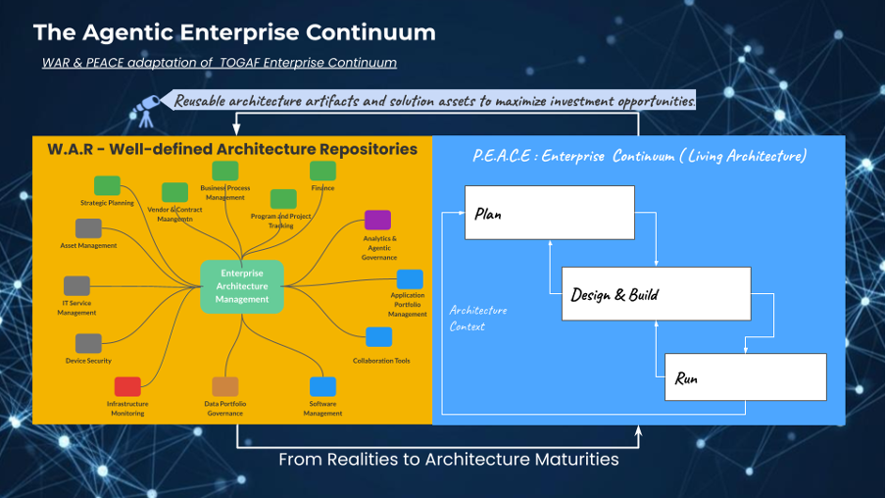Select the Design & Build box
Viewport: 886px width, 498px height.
pos(656,293)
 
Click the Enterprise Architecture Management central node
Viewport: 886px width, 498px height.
pos(242,286)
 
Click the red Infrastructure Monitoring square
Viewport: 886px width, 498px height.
pos(127,386)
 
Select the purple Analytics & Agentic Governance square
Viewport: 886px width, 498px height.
pos(377,221)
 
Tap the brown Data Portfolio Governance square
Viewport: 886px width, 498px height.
pos(225,386)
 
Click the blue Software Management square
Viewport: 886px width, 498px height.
pos(322,386)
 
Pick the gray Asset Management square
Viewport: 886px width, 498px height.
pos(89,228)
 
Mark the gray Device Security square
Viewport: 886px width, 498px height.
pos(89,343)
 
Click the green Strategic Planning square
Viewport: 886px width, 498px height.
pos(107,186)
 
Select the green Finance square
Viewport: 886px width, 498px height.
pos(322,172)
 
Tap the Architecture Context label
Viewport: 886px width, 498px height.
pos(478,319)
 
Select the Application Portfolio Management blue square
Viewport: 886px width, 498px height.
pos(410,279)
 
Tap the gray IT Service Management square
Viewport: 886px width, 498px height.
pos(76,286)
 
